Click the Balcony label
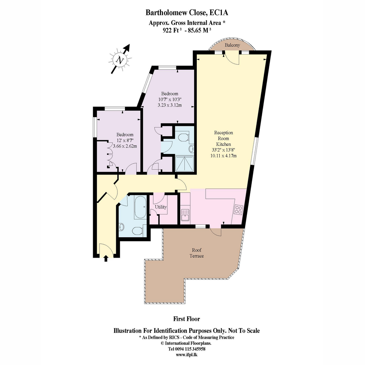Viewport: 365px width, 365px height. coord(232,45)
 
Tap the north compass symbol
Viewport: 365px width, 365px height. coord(120,59)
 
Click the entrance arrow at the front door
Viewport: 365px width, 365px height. coord(106,258)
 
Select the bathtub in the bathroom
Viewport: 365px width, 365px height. coord(140,207)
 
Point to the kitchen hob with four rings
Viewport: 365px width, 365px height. coord(238,210)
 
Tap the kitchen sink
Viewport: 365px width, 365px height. coord(185,215)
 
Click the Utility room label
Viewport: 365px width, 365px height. coord(161,207)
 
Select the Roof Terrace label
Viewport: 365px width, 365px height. coord(196,253)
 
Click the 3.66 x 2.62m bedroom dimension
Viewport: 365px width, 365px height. coord(125,146)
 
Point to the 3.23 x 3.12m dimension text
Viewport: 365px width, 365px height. coord(169,105)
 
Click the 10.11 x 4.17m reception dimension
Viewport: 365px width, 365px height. coord(223,156)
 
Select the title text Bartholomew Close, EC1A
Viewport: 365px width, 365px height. coord(187,12)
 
